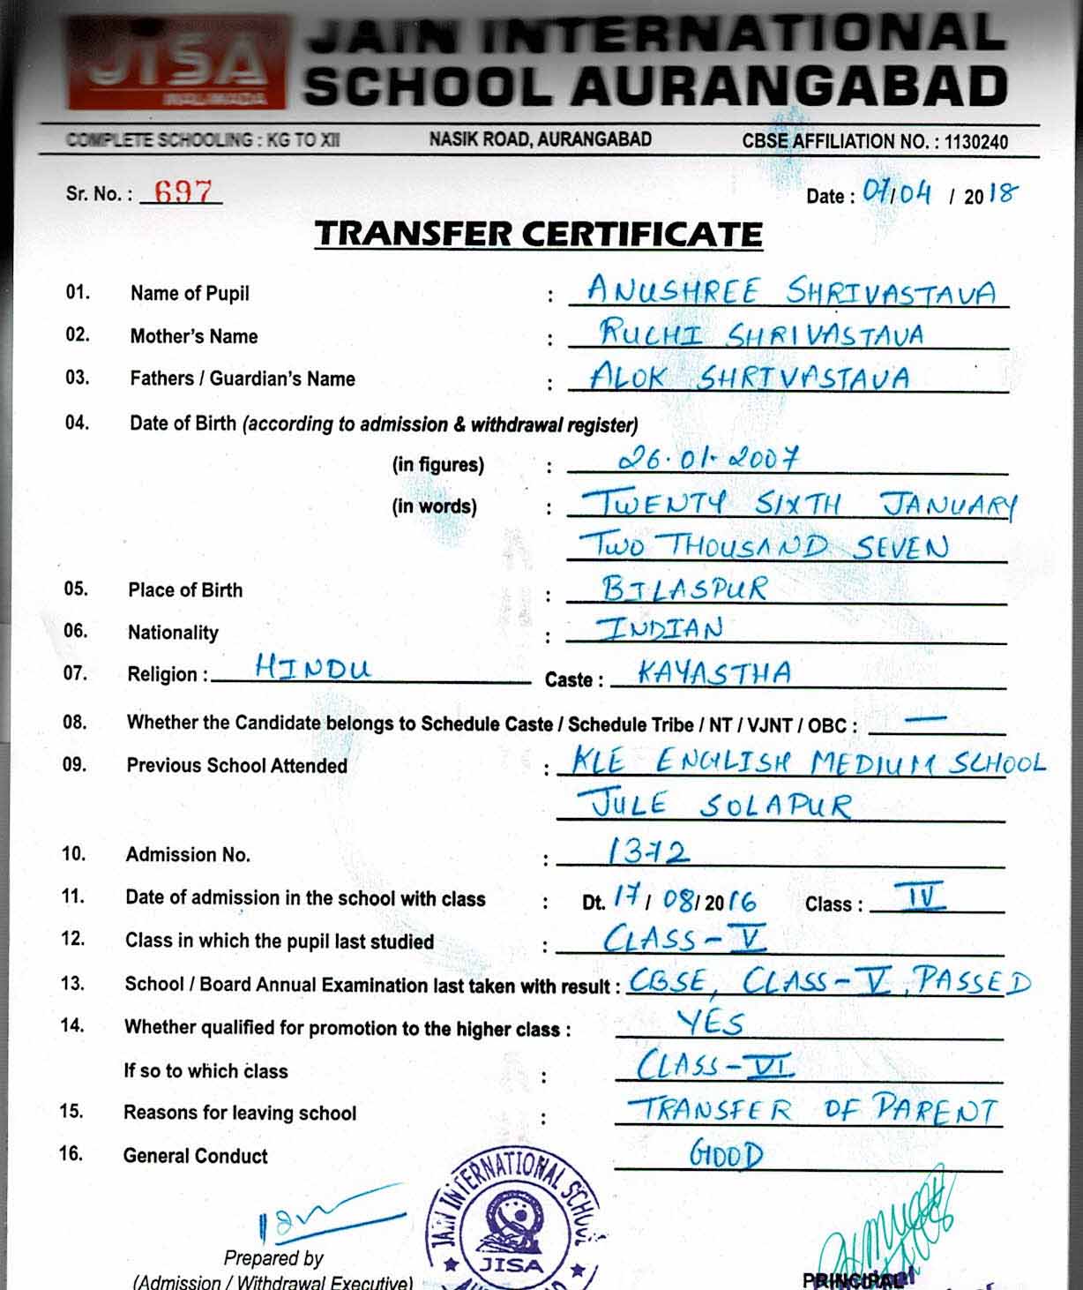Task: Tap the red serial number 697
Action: pos(183,191)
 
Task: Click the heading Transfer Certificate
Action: pos(539,234)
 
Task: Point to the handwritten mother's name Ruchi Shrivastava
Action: pos(762,334)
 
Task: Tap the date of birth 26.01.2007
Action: pos(709,457)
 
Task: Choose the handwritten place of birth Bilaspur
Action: pos(684,588)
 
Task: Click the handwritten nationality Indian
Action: pos(661,628)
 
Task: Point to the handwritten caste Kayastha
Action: pos(713,673)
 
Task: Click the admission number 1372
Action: pos(648,851)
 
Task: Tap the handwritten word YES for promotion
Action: pos(711,1023)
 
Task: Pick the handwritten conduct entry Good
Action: pos(726,1154)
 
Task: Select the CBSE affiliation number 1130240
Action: pos(975,141)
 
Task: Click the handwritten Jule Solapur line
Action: pos(714,805)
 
